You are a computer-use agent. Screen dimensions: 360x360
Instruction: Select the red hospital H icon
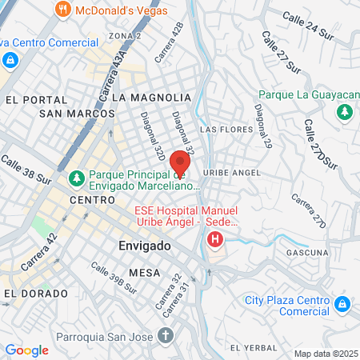pyautogui.click(x=214, y=238)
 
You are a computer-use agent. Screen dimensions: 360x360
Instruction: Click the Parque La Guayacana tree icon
pyautogui.click(x=346, y=112)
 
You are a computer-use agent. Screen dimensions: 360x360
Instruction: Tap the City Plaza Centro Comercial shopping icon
pyautogui.click(x=342, y=304)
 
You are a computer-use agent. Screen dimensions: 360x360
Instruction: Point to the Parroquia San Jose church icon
pyautogui.click(x=165, y=332)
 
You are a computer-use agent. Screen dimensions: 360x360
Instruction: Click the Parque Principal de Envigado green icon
pyautogui.click(x=78, y=177)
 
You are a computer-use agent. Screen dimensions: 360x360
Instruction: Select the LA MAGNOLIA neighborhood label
pyautogui.click(x=152, y=97)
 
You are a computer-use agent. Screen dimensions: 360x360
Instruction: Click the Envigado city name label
pyautogui.click(x=145, y=246)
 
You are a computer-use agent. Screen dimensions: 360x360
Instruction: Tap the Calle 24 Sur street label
pyautogui.click(x=308, y=24)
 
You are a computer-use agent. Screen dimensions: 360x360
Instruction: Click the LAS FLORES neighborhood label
pyautogui.click(x=220, y=129)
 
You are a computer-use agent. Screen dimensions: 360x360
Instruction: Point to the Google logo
pyautogui.click(x=27, y=350)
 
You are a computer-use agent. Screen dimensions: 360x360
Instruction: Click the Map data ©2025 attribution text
pyautogui.click(x=326, y=354)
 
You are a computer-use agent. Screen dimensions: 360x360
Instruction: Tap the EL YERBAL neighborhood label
pyautogui.click(x=253, y=348)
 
